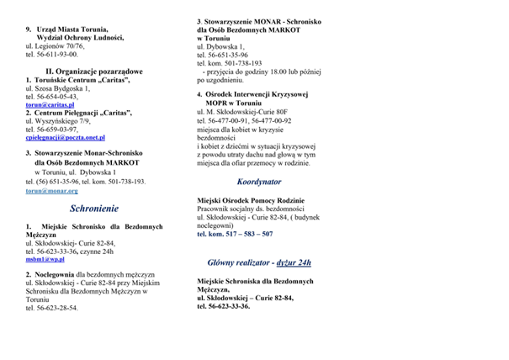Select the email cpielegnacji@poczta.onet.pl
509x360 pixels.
(65, 137)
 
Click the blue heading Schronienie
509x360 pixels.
(93, 208)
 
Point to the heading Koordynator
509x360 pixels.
(258, 181)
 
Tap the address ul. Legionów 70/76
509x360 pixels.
(56, 45)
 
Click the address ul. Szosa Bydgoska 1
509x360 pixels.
(58, 88)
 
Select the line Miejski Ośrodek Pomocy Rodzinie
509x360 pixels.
(252, 200)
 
